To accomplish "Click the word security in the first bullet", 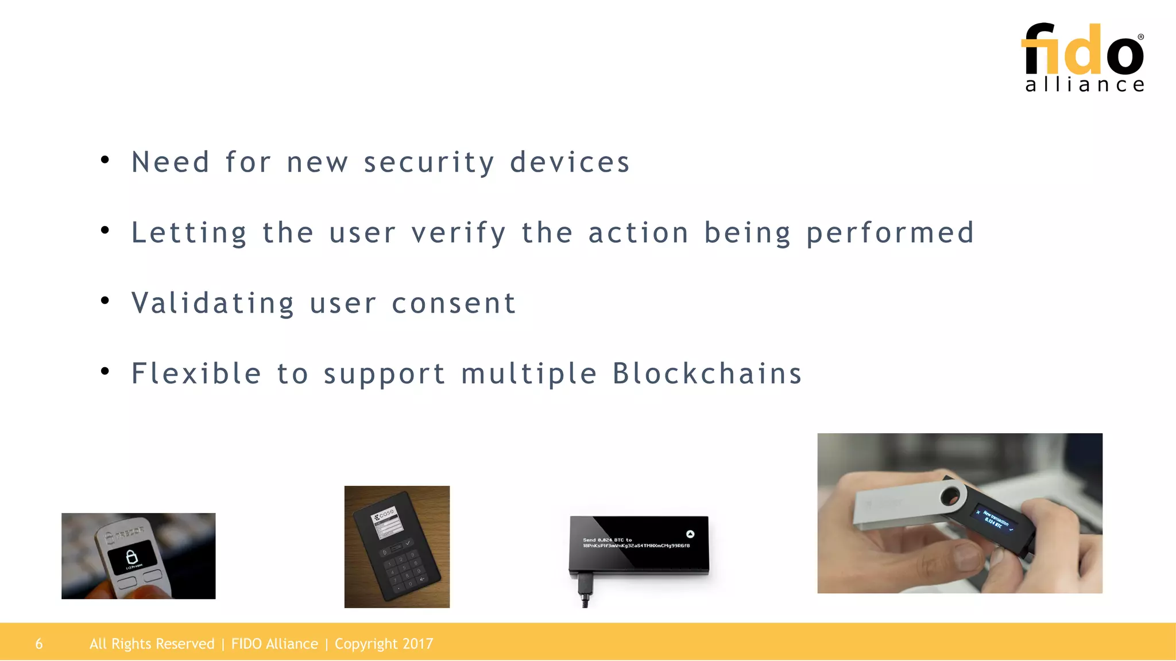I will tap(428, 162).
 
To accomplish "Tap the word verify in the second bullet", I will tap(458, 233).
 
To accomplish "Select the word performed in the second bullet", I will tap(890, 233).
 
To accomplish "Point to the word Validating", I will tap(212, 304).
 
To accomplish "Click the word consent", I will tap(454, 304).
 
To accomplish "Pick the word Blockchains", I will tap(707, 374).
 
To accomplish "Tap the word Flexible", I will tap(196, 374).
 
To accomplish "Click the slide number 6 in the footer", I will tap(39, 644).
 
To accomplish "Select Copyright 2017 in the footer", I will tap(384, 644).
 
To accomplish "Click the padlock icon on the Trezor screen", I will tap(131, 556).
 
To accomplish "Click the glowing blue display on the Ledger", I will tap(995, 519).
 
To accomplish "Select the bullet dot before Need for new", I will tap(105, 160).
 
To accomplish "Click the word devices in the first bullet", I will tap(570, 162).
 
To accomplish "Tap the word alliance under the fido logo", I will tap(1084, 85).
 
